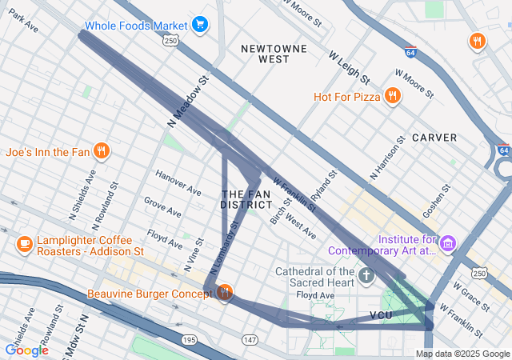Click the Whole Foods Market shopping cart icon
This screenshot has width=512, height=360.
(199, 25)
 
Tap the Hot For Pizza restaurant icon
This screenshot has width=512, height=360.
(392, 97)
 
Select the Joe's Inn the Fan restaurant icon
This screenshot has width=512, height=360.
(101, 150)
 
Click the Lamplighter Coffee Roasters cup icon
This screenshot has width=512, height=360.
(24, 243)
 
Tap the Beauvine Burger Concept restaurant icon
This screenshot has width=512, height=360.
(225, 294)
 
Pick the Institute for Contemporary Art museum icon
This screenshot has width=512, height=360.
(447, 242)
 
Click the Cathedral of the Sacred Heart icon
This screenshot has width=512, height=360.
(366, 277)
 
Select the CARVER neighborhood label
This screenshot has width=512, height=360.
(434, 138)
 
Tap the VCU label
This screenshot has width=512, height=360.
(382, 315)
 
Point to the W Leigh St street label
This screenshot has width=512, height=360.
(349, 68)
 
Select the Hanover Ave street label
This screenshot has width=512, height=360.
(178, 184)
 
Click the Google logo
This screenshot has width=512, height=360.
(26, 350)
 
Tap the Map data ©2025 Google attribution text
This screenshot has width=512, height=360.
(462, 354)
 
